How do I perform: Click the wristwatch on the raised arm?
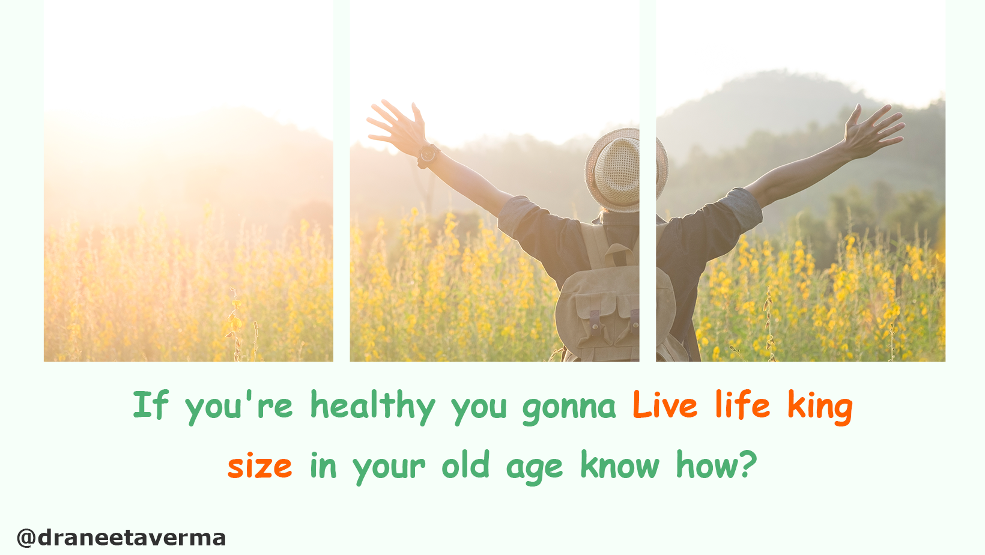[x=428, y=155]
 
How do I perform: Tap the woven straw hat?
[x=626, y=169]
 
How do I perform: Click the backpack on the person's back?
[x=616, y=303]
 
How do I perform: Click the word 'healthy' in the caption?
[x=373, y=405]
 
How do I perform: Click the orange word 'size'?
[x=260, y=466]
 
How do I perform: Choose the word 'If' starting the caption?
[x=150, y=404]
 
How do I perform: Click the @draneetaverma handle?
[x=121, y=538]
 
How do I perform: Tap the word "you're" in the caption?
[x=239, y=408]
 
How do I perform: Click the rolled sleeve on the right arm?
[x=743, y=209]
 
